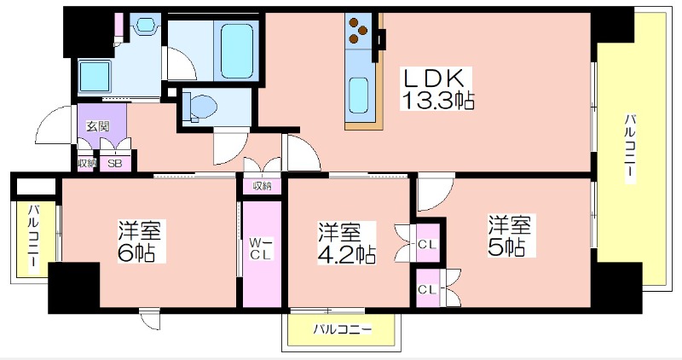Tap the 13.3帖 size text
437,101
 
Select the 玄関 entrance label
97,126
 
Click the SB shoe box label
115,164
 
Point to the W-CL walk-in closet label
261,248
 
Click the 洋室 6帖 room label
139,241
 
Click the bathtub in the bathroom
236,51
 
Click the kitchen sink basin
359,95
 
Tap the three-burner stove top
358,31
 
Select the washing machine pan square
94,76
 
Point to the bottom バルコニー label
343,329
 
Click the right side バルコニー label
629,148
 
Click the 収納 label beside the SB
85,164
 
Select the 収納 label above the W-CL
262,186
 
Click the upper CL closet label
427,244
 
